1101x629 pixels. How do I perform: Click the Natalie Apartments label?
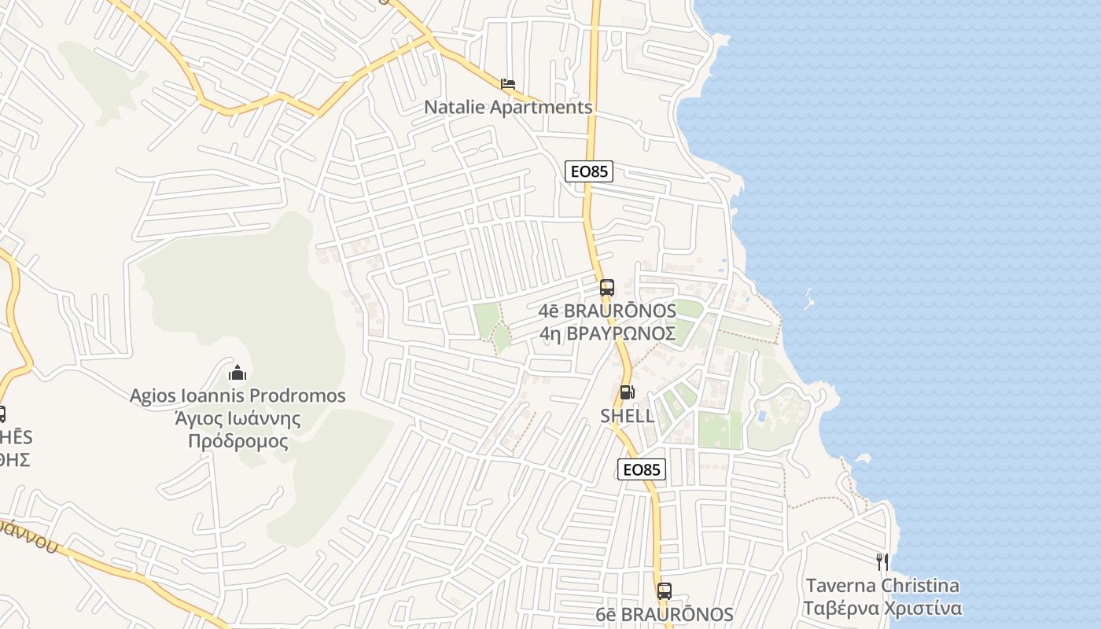click(x=508, y=107)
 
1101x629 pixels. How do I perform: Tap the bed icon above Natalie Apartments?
click(x=508, y=83)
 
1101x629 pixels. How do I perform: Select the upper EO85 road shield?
click(x=588, y=171)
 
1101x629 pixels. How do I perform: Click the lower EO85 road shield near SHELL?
click(x=642, y=469)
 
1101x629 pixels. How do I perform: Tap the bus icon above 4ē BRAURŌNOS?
click(x=606, y=288)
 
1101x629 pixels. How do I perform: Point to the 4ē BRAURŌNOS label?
click(x=607, y=311)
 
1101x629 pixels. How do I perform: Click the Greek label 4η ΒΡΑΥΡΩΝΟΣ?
click(x=607, y=333)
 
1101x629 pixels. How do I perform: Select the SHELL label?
click(x=628, y=416)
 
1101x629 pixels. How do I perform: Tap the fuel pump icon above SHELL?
click(x=627, y=392)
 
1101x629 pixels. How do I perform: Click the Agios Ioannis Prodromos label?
click(x=238, y=395)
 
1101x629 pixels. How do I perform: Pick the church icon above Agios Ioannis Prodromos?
click(x=237, y=372)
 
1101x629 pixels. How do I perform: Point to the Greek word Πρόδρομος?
click(x=238, y=441)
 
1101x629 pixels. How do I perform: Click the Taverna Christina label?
click(x=882, y=586)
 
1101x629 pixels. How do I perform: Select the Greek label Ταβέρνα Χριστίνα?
click(x=882, y=609)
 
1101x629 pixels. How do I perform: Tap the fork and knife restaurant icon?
click(x=882, y=562)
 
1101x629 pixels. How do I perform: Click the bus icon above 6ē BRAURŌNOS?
click(x=665, y=591)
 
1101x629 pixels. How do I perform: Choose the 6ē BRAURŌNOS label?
click(x=665, y=615)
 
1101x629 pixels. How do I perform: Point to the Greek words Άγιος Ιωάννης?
click(x=238, y=418)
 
